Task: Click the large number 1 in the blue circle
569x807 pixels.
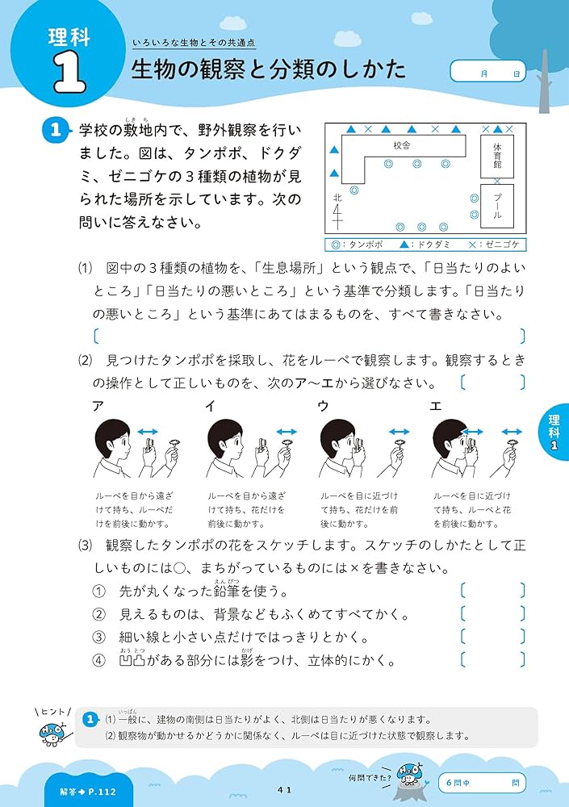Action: click(x=69, y=74)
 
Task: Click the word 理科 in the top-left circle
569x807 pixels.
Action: click(x=69, y=36)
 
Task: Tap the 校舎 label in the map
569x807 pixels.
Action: click(x=402, y=145)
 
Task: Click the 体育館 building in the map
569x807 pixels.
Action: click(x=497, y=157)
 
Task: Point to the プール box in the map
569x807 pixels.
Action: click(x=497, y=206)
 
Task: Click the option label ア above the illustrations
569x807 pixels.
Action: click(x=98, y=407)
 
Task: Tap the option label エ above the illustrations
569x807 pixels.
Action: click(x=436, y=407)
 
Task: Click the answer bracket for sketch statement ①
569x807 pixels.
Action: click(x=492, y=591)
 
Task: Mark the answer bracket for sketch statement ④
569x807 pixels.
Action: click(x=492, y=659)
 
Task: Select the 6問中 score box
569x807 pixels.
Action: click(x=481, y=782)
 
